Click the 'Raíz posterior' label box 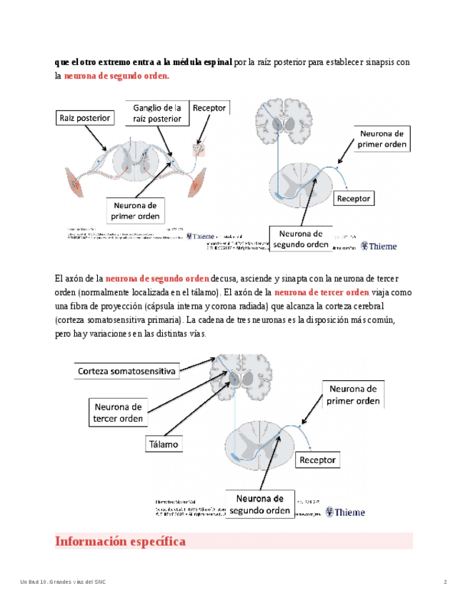[x=84, y=117]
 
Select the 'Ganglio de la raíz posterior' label [x=156, y=112]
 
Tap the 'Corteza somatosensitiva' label [x=126, y=372]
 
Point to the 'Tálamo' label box [x=162, y=444]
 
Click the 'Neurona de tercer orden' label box [x=118, y=412]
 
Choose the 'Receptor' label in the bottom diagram [x=317, y=460]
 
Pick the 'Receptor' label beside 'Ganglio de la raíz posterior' [x=209, y=108]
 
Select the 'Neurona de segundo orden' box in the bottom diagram [x=259, y=504]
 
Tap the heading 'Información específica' [x=120, y=542]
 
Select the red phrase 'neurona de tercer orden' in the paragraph [x=322, y=292]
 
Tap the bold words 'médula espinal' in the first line [x=203, y=62]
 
